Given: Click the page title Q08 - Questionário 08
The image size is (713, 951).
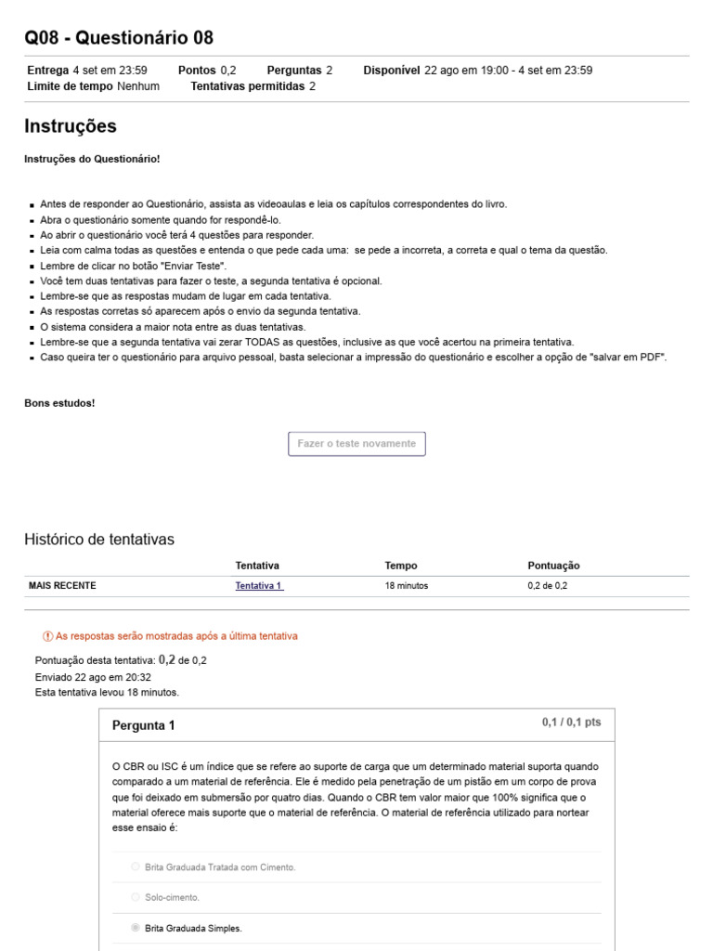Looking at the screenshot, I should tap(119, 38).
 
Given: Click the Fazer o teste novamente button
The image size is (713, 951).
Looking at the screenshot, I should tap(356, 444).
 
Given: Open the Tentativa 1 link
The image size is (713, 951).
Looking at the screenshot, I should tap(259, 586).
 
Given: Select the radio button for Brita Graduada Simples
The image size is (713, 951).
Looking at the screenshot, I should tap(136, 927).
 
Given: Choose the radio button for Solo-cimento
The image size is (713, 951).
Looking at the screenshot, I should tap(136, 897).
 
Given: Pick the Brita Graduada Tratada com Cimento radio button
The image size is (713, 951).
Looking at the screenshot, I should tap(136, 866).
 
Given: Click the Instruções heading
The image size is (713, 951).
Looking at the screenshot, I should tap(71, 126).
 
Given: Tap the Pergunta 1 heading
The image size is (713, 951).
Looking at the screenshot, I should tap(143, 725).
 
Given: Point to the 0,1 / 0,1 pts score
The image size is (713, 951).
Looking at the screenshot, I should tap(571, 723).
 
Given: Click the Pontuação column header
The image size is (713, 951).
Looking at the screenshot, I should tap(553, 566).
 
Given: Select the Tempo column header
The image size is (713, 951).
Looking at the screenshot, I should tap(401, 566).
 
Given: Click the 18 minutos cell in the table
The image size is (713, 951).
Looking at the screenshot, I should tap(407, 586).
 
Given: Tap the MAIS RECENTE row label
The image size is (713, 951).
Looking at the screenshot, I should tap(62, 586).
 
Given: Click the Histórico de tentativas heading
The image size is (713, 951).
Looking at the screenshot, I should tap(99, 540).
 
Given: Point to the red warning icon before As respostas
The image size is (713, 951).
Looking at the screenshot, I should tap(48, 636).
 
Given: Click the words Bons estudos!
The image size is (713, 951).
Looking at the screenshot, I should tap(59, 403).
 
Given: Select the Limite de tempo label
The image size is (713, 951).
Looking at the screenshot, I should tap(71, 86).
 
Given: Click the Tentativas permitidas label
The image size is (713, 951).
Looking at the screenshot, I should tap(247, 86).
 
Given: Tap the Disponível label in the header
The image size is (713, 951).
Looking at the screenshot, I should tap(392, 71).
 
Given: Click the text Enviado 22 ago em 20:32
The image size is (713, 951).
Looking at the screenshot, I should tap(93, 677).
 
